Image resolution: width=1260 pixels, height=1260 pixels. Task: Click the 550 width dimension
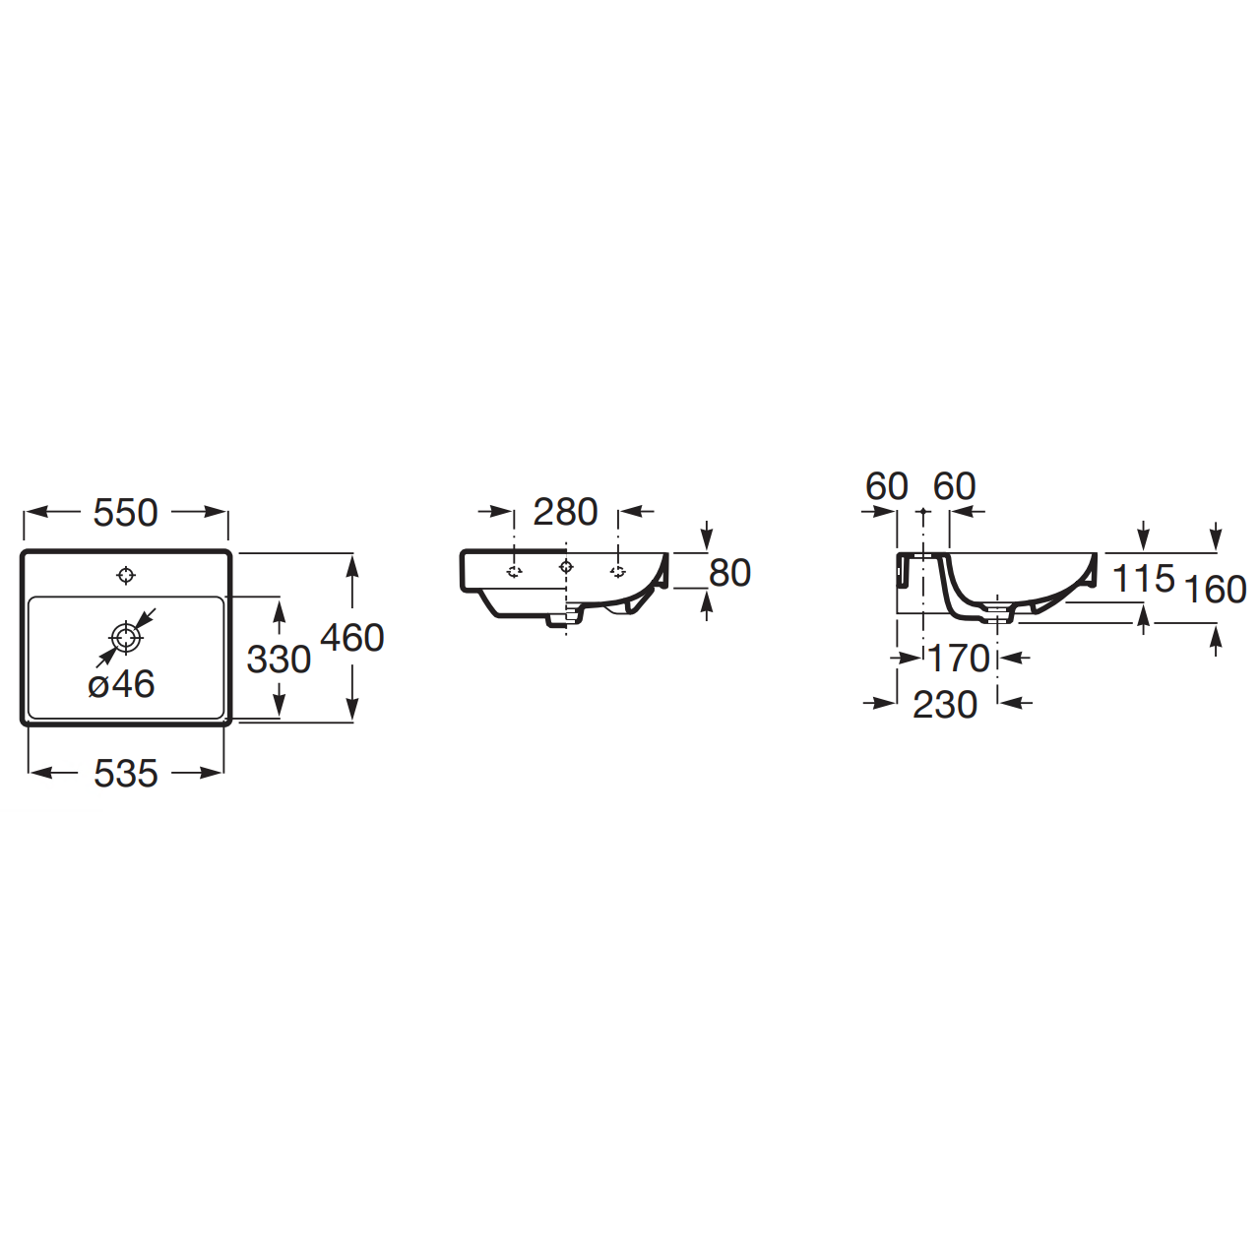coord(126,513)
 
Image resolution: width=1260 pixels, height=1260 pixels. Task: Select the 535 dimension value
coord(126,774)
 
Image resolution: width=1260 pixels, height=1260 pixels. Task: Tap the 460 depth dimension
coord(351,638)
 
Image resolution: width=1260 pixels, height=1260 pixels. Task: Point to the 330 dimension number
coord(279,660)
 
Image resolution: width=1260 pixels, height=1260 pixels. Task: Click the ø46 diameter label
coord(122,684)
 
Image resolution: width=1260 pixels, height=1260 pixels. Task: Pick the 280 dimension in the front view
coord(566,511)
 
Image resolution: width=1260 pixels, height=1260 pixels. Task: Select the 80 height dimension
coord(729,574)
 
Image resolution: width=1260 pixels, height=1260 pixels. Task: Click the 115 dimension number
coord(1144,579)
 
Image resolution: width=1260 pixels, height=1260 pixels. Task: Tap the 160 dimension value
coord(1216,589)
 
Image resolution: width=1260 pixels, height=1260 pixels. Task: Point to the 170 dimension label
coord(959,659)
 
